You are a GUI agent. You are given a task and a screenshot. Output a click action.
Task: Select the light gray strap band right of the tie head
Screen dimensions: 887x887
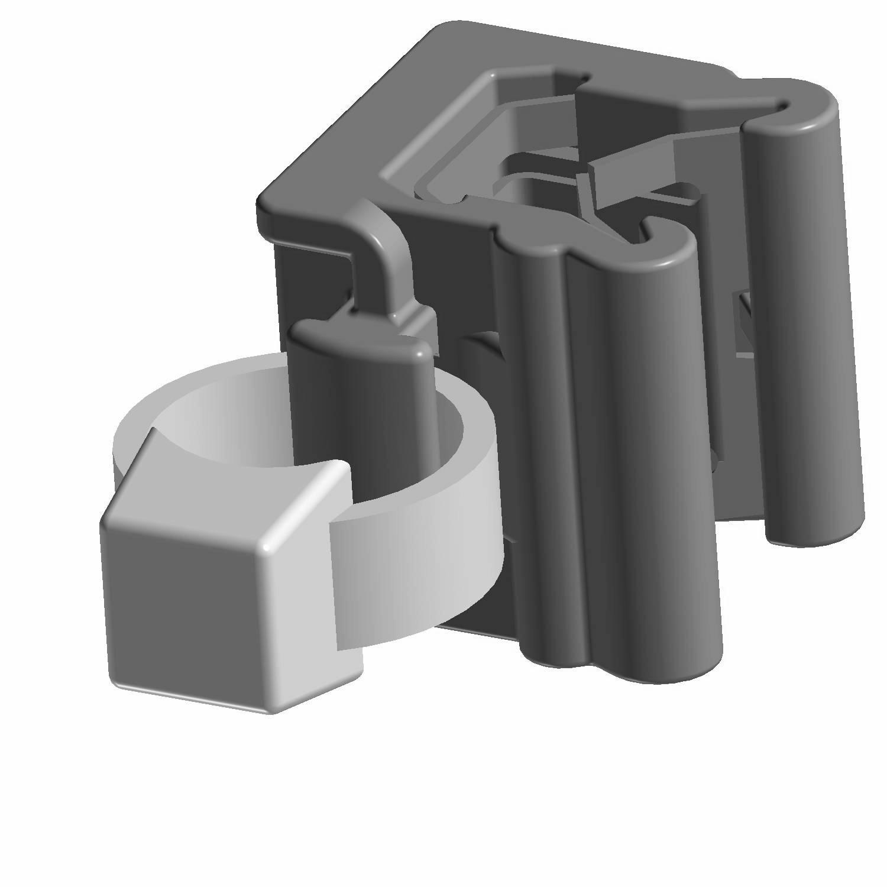pos(414,568)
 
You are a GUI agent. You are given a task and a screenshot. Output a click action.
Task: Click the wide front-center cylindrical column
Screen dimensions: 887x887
pos(650,444)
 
